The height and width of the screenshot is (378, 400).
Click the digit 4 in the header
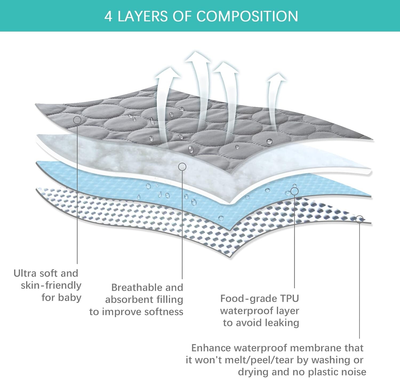coord(108,17)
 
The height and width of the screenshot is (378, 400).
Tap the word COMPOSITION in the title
coord(247,17)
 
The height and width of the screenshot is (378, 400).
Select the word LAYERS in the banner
coord(143,17)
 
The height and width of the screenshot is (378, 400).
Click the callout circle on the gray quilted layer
coord(77,120)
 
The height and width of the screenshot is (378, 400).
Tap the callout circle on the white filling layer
coord(182,167)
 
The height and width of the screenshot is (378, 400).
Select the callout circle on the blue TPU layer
coord(294,191)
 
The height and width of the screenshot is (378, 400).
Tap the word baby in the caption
coord(69,298)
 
